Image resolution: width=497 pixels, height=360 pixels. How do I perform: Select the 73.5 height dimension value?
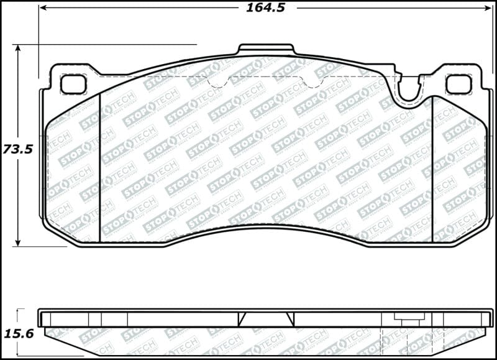click(x=17, y=149)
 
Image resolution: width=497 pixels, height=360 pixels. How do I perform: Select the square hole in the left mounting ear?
click(x=73, y=83)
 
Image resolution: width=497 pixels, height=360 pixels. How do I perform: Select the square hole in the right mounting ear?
click(x=458, y=83)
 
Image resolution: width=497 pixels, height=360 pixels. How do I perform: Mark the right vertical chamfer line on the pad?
click(x=431, y=168)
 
